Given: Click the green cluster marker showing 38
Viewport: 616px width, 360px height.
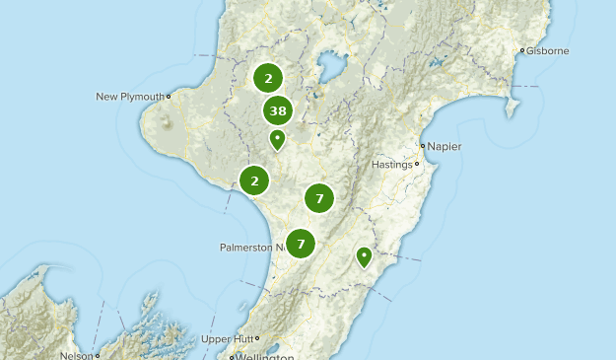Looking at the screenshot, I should click(278, 111).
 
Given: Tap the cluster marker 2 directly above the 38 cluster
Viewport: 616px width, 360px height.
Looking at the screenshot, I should click(268, 77).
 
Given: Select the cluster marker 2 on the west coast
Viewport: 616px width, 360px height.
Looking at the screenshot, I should click(254, 180).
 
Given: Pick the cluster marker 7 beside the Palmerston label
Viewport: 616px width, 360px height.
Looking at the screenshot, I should click(300, 243).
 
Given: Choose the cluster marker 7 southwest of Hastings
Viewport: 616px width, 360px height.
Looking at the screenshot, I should click(319, 198).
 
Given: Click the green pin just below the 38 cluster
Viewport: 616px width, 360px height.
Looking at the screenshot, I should click(278, 139).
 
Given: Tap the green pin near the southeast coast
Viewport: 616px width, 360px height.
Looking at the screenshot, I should click(364, 256).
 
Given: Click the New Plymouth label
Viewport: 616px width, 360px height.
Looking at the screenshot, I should click(130, 97).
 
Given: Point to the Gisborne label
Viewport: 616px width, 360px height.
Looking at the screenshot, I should click(547, 50).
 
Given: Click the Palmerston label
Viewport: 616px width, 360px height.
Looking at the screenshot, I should click(252, 247).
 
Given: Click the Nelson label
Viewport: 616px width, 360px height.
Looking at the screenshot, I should click(76, 356).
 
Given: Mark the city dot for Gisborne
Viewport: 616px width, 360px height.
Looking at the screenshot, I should click(522, 50).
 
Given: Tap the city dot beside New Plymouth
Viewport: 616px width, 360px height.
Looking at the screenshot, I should click(169, 97).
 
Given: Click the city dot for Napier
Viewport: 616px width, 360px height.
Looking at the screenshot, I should click(421, 147).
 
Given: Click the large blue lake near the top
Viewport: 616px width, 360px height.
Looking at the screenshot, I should click(327, 70).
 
